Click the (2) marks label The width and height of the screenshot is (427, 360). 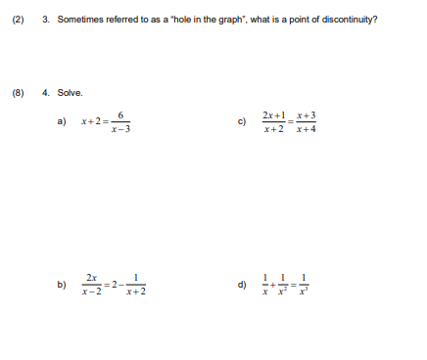[x=17, y=20]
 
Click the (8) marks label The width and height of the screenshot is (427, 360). [x=17, y=93]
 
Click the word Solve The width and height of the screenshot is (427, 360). [x=70, y=93]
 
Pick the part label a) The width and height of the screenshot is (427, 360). [x=61, y=121]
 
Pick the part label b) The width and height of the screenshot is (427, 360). [x=61, y=285]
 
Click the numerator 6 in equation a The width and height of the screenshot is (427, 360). [x=120, y=113]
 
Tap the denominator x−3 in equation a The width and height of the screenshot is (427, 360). [x=120, y=128]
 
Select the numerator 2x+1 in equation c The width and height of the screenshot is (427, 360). [x=274, y=114]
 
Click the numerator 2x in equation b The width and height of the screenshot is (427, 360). [x=91, y=277]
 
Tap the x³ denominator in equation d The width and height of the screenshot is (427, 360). [x=305, y=292]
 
